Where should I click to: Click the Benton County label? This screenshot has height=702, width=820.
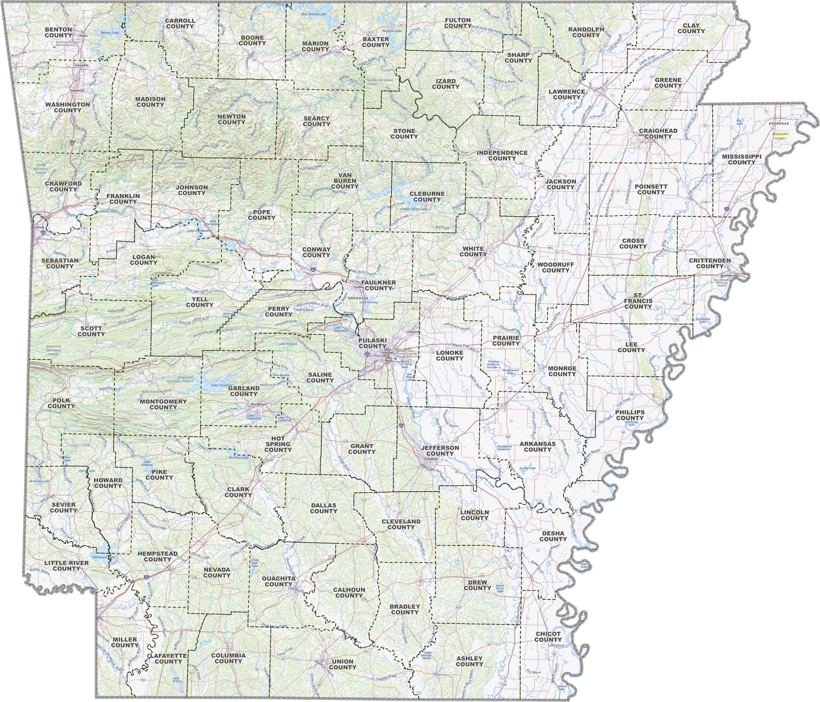[x=58, y=32]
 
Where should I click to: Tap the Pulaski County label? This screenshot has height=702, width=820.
[x=372, y=343]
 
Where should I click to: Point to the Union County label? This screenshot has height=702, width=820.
[x=342, y=664]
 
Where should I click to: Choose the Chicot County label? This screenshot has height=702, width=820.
[x=548, y=637]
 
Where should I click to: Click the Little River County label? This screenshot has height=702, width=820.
[x=66, y=565]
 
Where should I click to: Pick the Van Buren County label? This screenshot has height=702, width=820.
[x=345, y=180]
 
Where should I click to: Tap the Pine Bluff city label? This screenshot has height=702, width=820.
[x=431, y=459]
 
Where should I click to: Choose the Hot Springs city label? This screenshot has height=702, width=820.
[x=258, y=404]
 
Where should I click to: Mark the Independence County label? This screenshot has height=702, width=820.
[x=502, y=155]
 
